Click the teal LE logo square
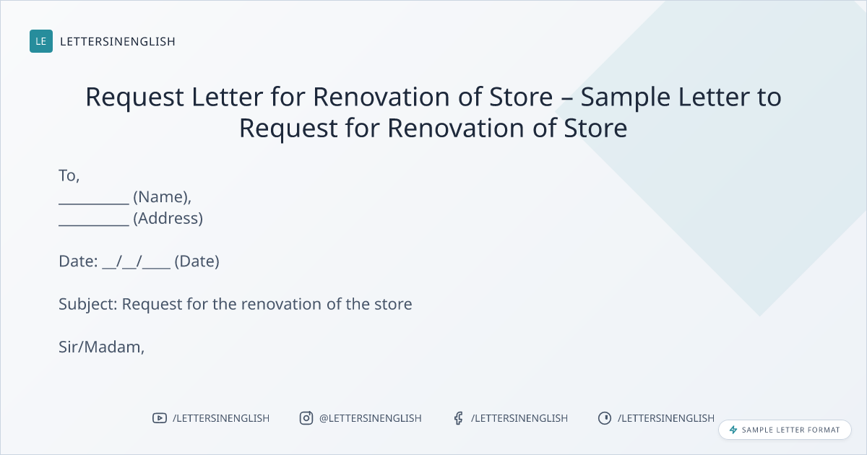click(41, 41)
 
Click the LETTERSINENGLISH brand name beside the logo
click(118, 41)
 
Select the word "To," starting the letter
click(69, 175)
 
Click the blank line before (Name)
click(94, 204)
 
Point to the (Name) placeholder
click(162, 197)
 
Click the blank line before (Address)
click(94, 225)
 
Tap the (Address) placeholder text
click(168, 219)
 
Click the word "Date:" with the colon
click(78, 261)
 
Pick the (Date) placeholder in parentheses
click(197, 261)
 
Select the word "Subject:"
click(88, 305)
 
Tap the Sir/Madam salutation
click(101, 347)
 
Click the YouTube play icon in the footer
click(160, 418)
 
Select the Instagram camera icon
click(306, 418)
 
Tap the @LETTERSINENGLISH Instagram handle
click(371, 419)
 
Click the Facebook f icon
click(459, 418)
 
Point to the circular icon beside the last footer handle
click(605, 418)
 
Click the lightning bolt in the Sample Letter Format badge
click(733, 430)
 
